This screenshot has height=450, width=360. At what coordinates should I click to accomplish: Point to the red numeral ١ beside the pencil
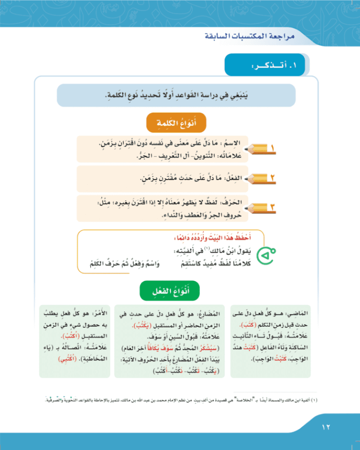coord(271,149)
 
